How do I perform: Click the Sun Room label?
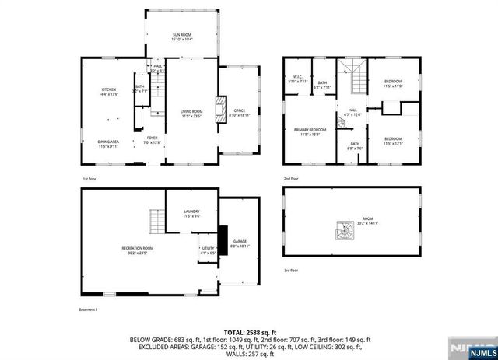pos(181,37)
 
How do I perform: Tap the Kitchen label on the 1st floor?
pos(108,93)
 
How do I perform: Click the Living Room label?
pos(191,114)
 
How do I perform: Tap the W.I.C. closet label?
pos(297,78)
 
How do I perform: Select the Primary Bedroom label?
pos(310,131)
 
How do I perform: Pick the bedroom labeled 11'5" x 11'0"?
pos(392,83)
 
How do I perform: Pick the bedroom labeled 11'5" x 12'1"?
pos(392,142)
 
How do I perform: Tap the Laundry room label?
pos(191,213)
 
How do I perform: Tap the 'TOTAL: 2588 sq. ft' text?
pos(248,331)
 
